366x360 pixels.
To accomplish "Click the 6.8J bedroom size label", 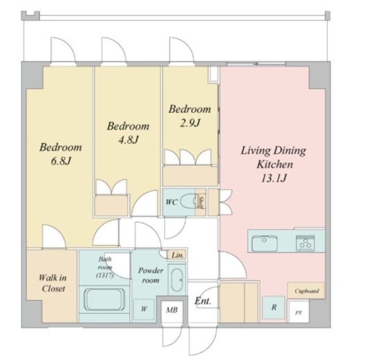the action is click(x=61, y=161).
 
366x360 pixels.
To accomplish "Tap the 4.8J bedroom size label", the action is click(x=129, y=139).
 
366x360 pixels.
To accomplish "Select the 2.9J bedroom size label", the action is click(x=190, y=123).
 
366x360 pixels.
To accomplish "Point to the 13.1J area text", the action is click(x=273, y=178).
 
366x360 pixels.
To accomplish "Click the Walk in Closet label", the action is click(x=53, y=283).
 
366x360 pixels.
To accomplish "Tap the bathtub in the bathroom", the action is click(x=104, y=299).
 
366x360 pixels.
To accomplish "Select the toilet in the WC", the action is click(x=189, y=202).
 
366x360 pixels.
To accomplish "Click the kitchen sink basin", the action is click(x=264, y=243).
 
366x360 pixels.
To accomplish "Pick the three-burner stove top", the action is click(x=305, y=243).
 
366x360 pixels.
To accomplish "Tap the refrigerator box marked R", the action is click(x=273, y=307).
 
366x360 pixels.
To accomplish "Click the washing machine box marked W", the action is click(x=144, y=309).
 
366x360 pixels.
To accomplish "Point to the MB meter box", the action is click(x=172, y=310).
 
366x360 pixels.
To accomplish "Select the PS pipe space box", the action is click(x=299, y=312).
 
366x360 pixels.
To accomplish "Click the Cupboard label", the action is click(x=307, y=291).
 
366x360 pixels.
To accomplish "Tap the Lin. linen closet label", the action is click(x=177, y=255).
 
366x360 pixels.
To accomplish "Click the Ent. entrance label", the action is click(x=203, y=301).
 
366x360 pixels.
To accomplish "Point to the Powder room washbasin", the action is click(x=177, y=280).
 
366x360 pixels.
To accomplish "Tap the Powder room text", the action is click(x=150, y=275).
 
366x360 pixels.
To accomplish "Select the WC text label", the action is click(x=172, y=202).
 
